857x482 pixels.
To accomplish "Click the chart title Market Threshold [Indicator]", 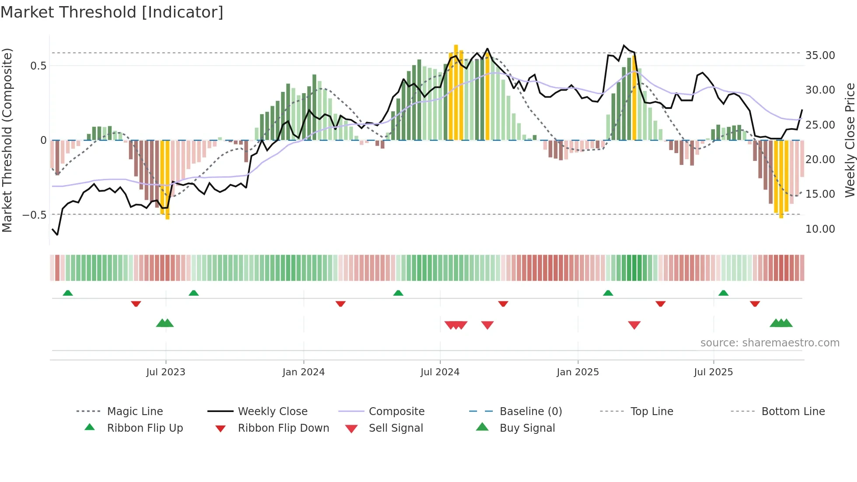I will click(x=112, y=12).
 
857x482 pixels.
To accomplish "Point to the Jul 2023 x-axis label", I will click(x=166, y=372).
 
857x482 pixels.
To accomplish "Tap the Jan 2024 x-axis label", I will click(x=303, y=372).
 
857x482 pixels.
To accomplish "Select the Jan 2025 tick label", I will click(x=578, y=372).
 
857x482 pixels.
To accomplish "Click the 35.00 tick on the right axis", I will click(x=820, y=56).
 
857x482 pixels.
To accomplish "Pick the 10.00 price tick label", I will click(x=820, y=229).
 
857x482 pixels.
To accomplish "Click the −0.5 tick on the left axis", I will click(x=35, y=215).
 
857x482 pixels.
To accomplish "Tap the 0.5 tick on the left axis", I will click(x=38, y=66).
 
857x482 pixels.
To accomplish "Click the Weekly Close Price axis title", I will click(x=850, y=140).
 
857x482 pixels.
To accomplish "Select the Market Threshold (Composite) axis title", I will click(x=7, y=140).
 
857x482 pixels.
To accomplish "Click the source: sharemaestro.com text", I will click(x=770, y=343).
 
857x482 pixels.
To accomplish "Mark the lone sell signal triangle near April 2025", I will click(x=634, y=325).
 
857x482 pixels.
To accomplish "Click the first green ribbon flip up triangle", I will click(x=68, y=293).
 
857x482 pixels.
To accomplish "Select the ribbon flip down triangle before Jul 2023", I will click(x=136, y=304).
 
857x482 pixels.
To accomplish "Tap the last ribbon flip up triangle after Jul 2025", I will click(x=723, y=293).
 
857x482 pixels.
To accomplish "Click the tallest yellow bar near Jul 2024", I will click(x=456, y=92).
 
